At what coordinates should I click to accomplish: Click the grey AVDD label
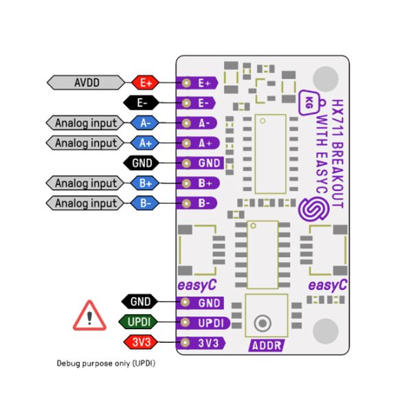tap(87, 82)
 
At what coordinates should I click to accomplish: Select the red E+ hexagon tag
tap(145, 82)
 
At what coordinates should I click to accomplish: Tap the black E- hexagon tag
tap(142, 102)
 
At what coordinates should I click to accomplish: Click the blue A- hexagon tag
tap(145, 123)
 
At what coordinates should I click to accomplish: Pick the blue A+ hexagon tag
tap(145, 143)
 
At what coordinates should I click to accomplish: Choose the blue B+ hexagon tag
tap(145, 183)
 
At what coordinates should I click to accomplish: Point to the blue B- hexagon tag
tap(145, 203)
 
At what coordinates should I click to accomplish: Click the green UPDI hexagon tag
tap(140, 322)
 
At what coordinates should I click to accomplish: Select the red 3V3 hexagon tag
tap(140, 342)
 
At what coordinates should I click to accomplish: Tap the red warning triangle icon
tap(89, 317)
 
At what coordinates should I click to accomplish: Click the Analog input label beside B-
tap(86, 203)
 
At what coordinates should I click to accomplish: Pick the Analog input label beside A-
tap(86, 123)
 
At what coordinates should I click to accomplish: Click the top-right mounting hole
tap(326, 77)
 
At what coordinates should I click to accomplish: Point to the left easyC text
tap(198, 284)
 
